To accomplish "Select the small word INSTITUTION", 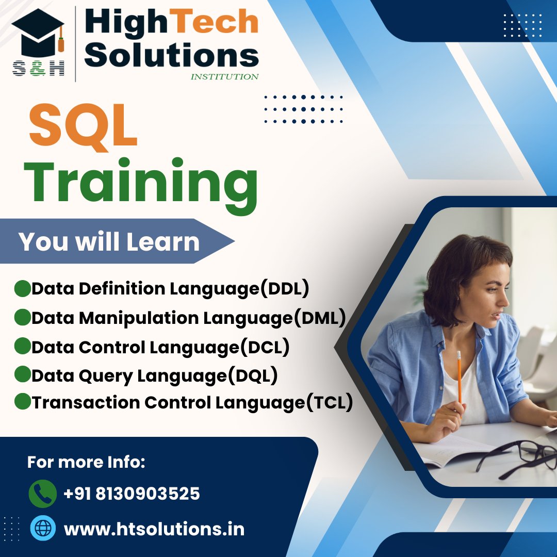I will pyautogui.click(x=224, y=77).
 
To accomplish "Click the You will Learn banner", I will pyautogui.click(x=109, y=241).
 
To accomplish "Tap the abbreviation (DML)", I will pyautogui.click(x=319, y=318).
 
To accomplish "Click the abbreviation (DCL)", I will pyautogui.click(x=265, y=347).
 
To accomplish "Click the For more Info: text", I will pyautogui.click(x=86, y=462).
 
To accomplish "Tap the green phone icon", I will pyautogui.click(x=43, y=493).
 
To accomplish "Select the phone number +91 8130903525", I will pyautogui.click(x=132, y=494).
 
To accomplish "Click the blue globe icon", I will pyautogui.click(x=43, y=528).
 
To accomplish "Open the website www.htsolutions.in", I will pyautogui.click(x=154, y=529).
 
